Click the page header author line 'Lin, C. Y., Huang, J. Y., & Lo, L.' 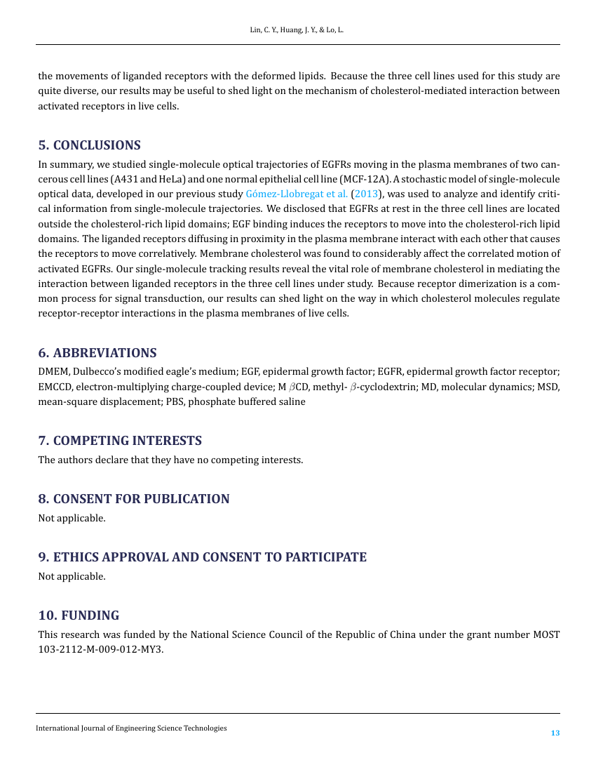297,32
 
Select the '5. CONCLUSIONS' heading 89,145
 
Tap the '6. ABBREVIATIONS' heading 97,352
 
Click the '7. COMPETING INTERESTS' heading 120,441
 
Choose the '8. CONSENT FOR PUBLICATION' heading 133,499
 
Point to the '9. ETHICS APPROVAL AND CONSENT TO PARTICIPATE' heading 202,557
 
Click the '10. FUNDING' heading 79,615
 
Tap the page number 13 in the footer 555,733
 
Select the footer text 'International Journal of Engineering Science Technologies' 131,728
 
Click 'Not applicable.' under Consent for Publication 72,519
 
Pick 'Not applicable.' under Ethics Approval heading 72,577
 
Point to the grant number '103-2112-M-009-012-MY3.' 100,650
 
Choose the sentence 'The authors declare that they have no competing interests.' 170,460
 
